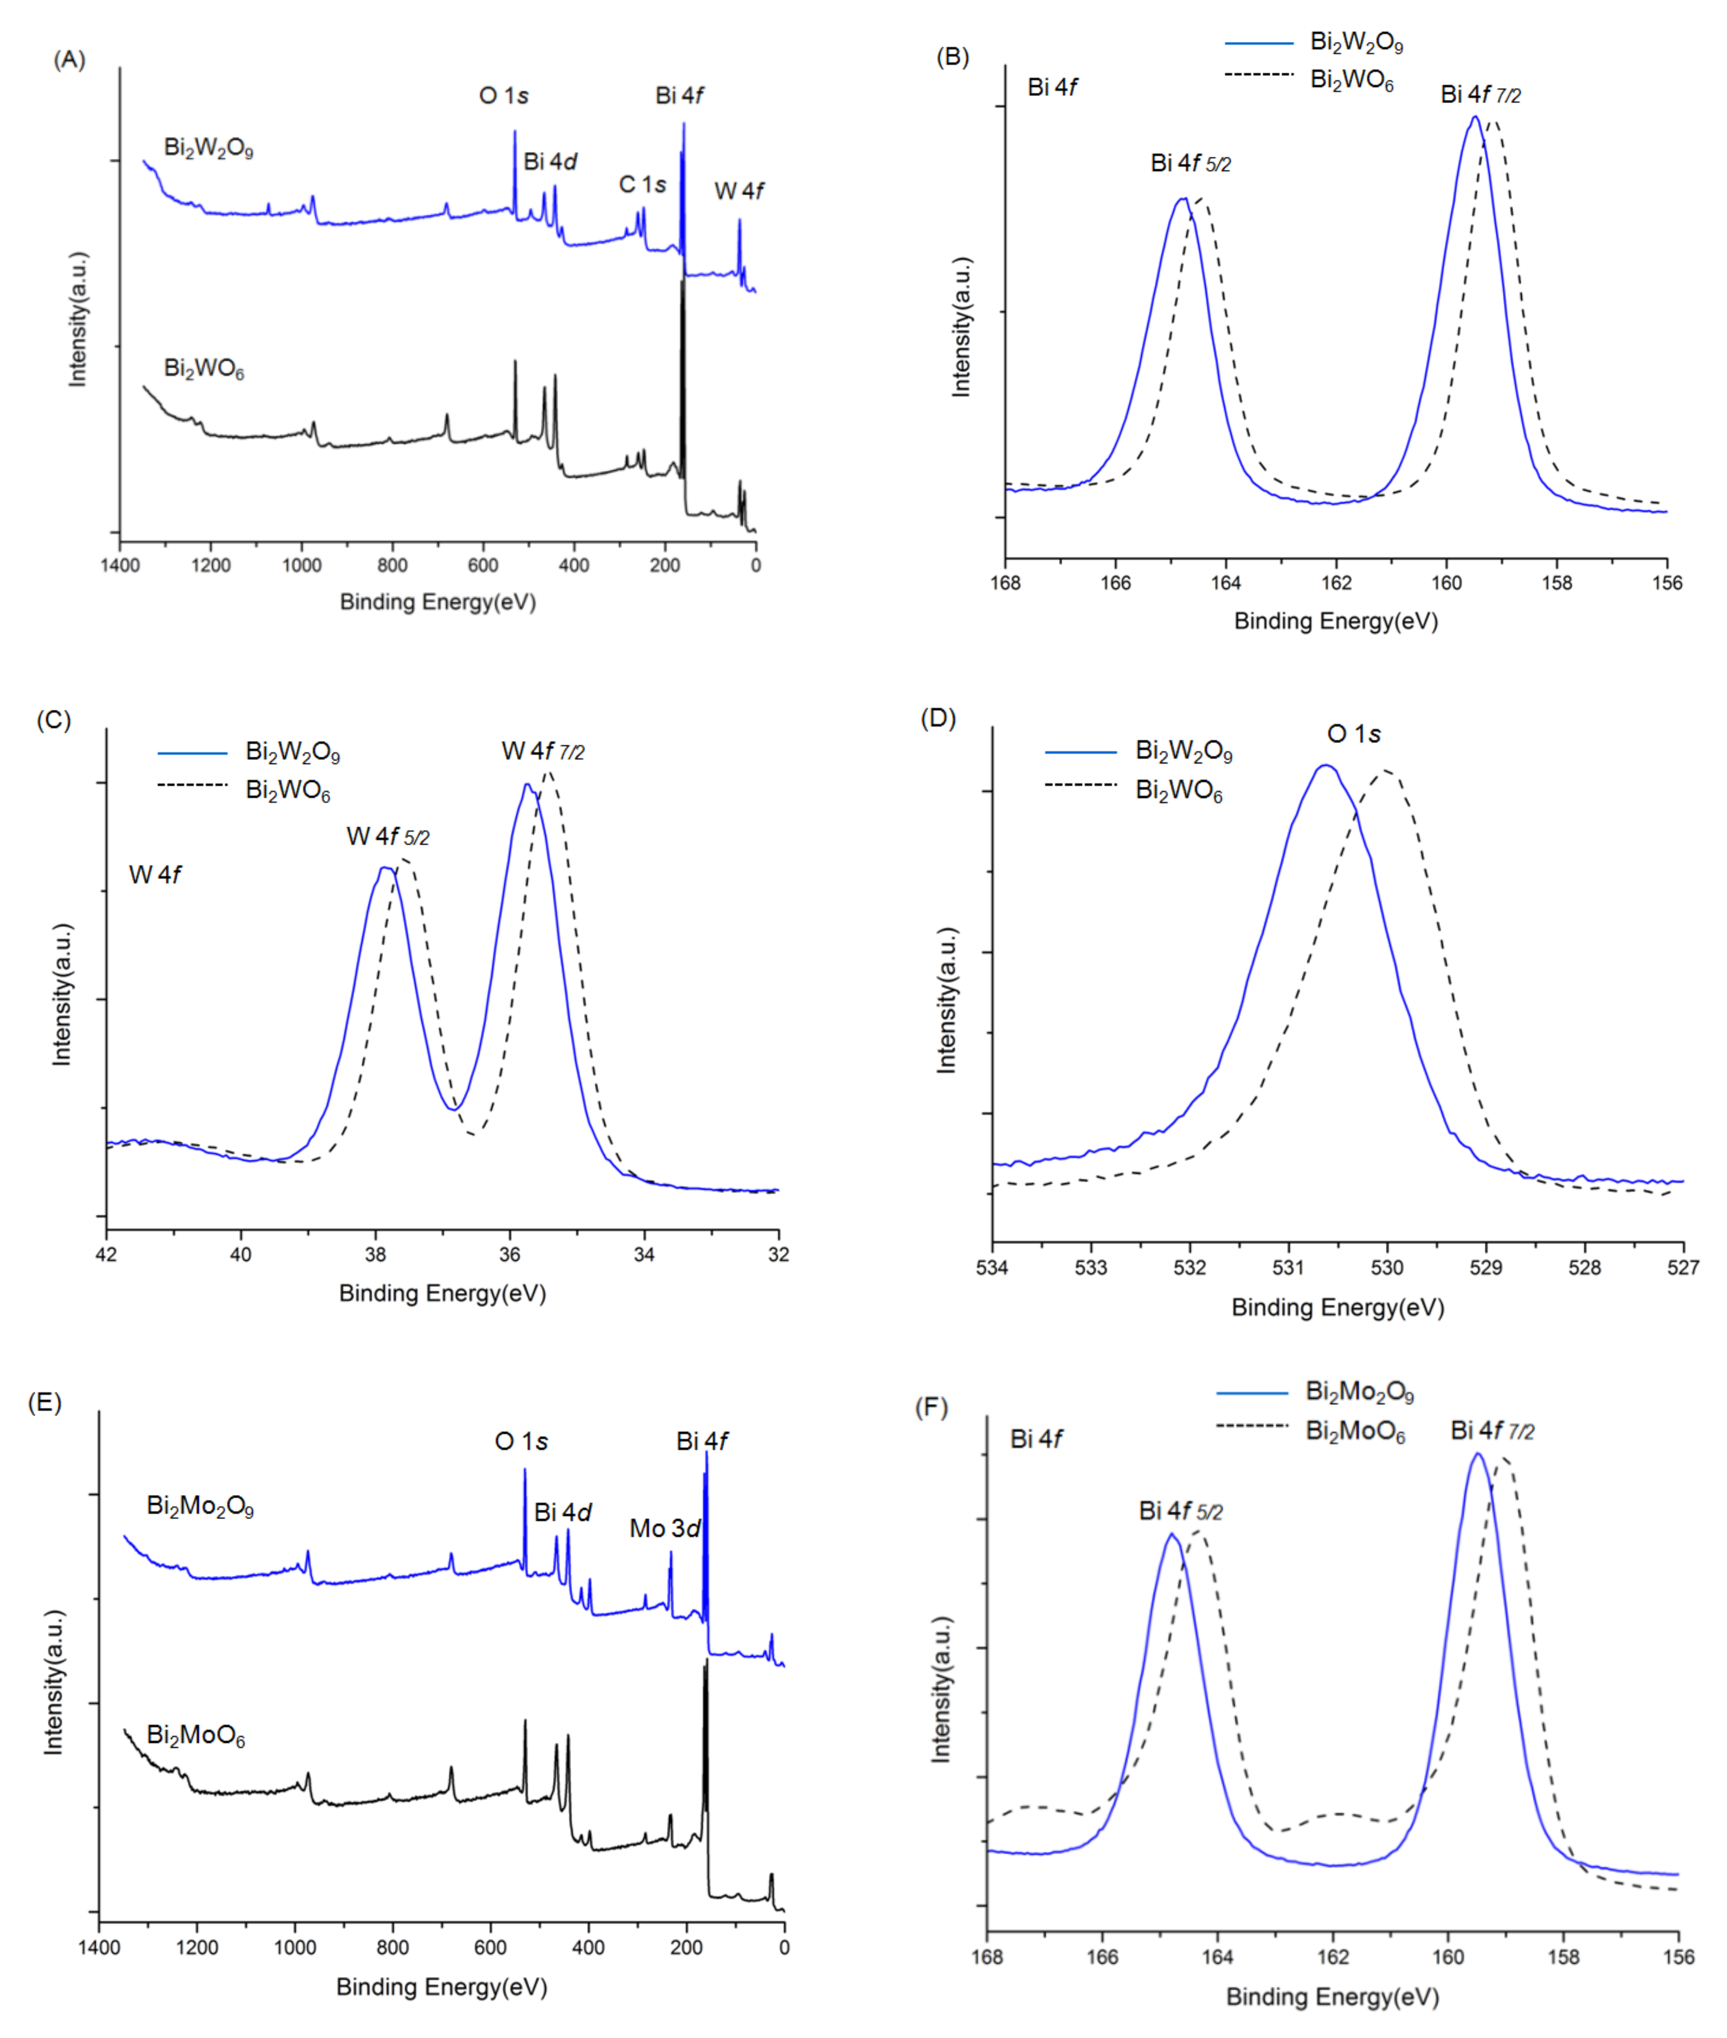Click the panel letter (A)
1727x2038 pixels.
tap(68, 60)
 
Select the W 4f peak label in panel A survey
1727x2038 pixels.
tap(739, 191)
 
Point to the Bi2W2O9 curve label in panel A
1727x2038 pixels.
tap(209, 148)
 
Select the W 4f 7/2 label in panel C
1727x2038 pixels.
tap(543, 751)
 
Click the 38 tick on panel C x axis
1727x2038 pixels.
tap(375, 1255)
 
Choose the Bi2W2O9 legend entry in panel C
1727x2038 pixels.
tap(292, 752)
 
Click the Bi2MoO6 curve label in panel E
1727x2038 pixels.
tap(196, 1736)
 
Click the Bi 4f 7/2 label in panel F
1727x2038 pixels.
tap(1492, 1431)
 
